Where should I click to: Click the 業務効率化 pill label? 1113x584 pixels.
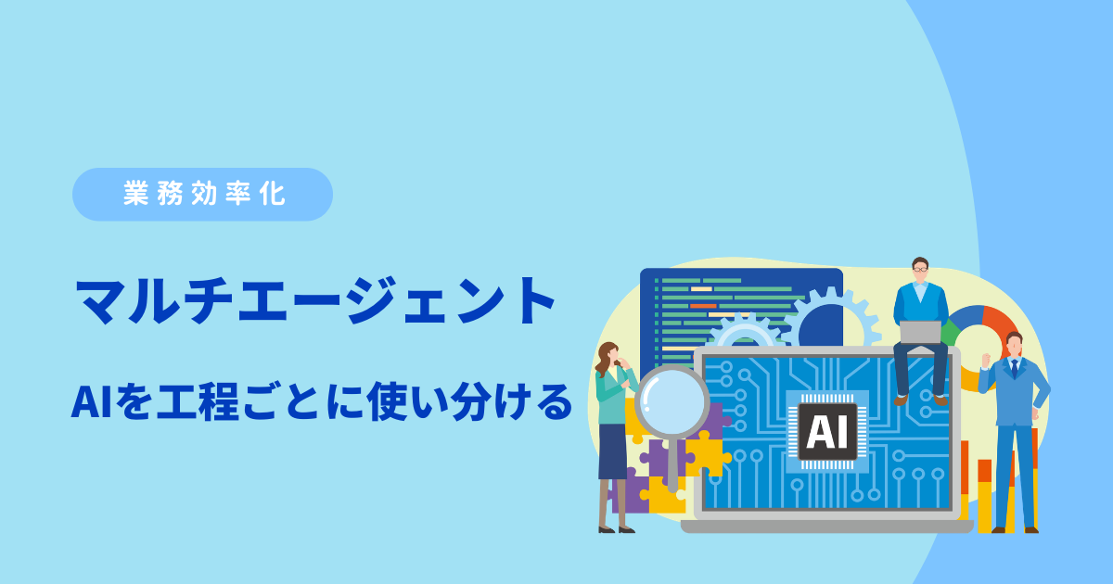203,194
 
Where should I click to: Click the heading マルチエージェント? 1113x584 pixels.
315,301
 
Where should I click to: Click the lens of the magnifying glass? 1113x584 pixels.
672,400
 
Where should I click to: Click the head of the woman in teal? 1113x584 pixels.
609,353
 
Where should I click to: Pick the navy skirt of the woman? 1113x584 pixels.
613,451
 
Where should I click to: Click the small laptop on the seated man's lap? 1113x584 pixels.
920,332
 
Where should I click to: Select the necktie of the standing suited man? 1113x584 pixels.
1014,369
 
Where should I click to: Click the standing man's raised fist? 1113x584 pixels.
985,361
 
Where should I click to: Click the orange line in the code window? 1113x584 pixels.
703,306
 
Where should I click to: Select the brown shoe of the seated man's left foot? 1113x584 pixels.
901,400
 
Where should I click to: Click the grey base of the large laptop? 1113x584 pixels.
826,527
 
